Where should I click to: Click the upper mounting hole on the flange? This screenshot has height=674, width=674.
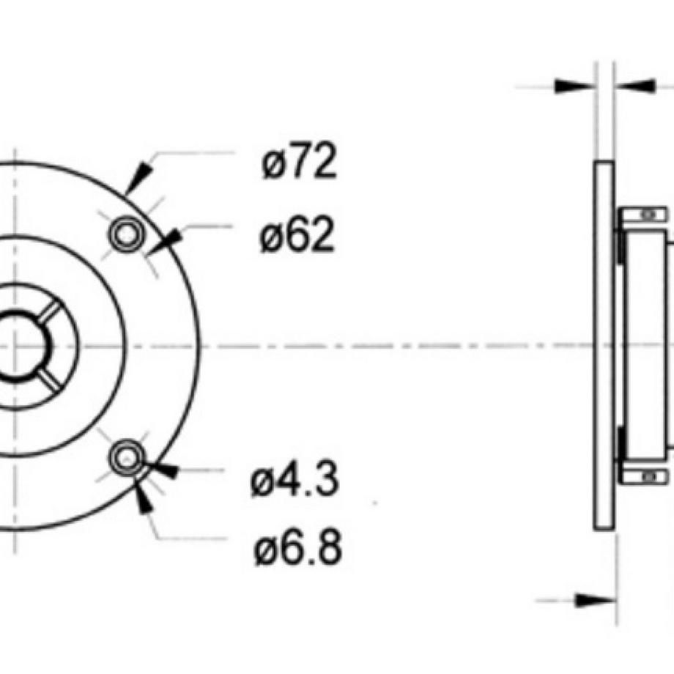(x=124, y=234)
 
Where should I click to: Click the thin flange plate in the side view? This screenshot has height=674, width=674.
(x=603, y=344)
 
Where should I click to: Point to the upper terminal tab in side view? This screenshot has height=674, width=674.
(x=642, y=215)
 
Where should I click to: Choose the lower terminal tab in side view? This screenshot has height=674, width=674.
(x=642, y=476)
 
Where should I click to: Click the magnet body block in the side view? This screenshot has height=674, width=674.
(x=645, y=344)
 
